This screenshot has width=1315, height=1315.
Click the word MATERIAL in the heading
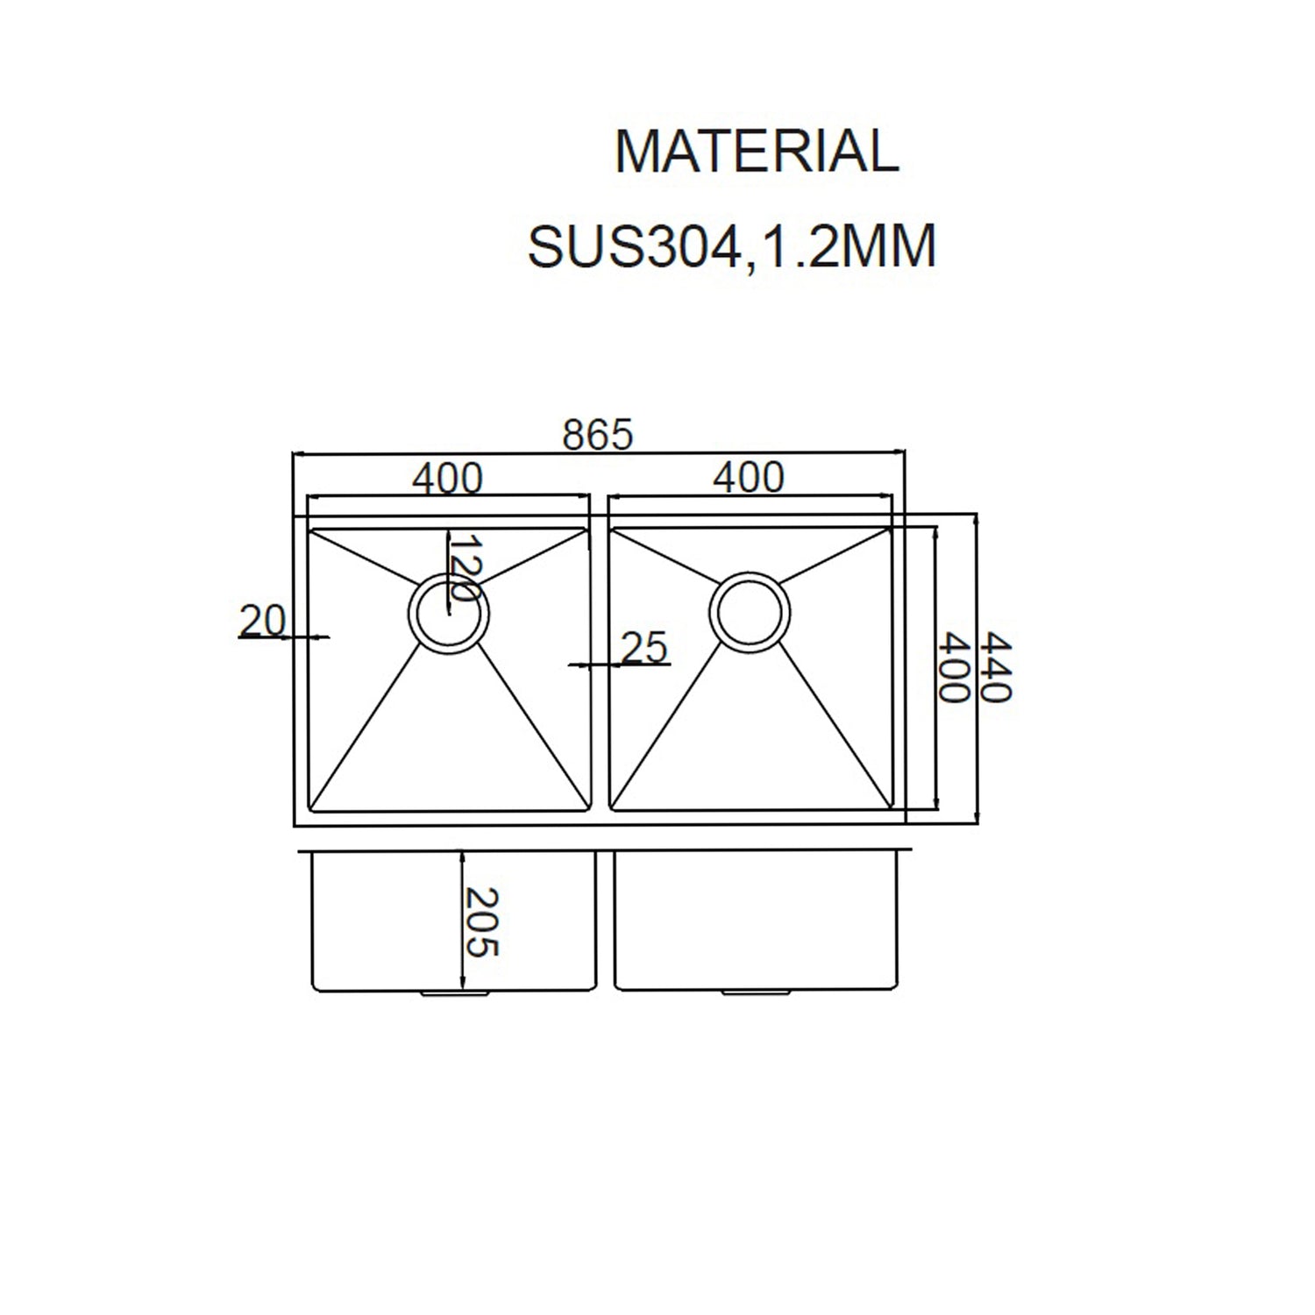pyautogui.click(x=757, y=152)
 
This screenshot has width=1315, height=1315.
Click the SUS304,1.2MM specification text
pyautogui.click(x=732, y=247)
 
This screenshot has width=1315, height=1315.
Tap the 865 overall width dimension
pyautogui.click(x=597, y=435)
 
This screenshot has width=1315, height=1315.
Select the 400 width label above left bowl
pyautogui.click(x=447, y=478)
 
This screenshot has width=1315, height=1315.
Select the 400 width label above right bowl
pyautogui.click(x=749, y=478)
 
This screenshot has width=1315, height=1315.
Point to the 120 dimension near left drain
pyautogui.click(x=464, y=567)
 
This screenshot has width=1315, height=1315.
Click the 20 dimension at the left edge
pyautogui.click(x=262, y=622)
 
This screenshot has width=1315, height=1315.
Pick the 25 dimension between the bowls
pyautogui.click(x=644, y=648)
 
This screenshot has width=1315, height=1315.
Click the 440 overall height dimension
pyautogui.click(x=996, y=667)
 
